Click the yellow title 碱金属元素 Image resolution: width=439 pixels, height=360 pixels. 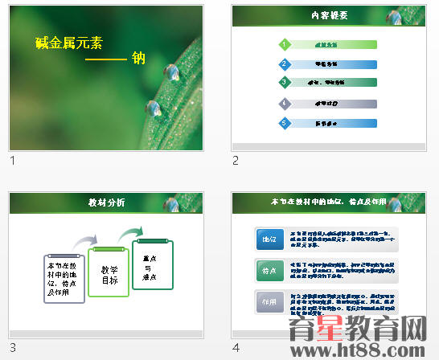pyautogui.click(x=70, y=43)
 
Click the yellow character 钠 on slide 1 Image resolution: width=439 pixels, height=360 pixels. pyautogui.click(x=138, y=58)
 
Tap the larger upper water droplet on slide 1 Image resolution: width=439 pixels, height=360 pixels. pyautogui.click(x=171, y=73)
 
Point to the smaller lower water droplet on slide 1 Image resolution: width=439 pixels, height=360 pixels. pyautogui.click(x=152, y=107)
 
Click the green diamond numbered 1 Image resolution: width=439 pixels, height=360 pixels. pyautogui.click(x=284, y=44)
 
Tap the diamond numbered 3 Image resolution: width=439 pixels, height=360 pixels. pyautogui.click(x=284, y=83)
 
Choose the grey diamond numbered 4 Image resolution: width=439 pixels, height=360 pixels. pyautogui.click(x=284, y=104)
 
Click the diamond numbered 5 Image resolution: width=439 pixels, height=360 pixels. pyautogui.click(x=284, y=123)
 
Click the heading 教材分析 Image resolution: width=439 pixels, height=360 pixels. pyautogui.click(x=106, y=202)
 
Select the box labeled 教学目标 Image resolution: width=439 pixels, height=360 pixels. pyautogui.click(x=109, y=275)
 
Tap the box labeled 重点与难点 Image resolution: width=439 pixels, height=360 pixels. pyautogui.click(x=152, y=265)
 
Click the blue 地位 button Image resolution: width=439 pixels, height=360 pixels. pyautogui.click(x=269, y=239)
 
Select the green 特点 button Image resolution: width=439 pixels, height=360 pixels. pyautogui.click(x=269, y=270)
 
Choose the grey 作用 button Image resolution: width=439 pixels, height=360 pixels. pyautogui.click(x=269, y=302)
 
